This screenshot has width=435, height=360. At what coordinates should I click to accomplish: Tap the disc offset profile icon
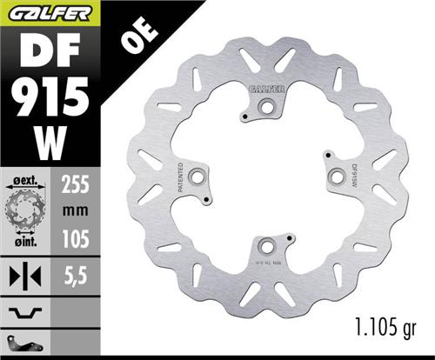tap(27, 310)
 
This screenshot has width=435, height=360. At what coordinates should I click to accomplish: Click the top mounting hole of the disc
tap(265, 108)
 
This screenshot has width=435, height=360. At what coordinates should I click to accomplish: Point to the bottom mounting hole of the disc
tap(267, 245)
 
